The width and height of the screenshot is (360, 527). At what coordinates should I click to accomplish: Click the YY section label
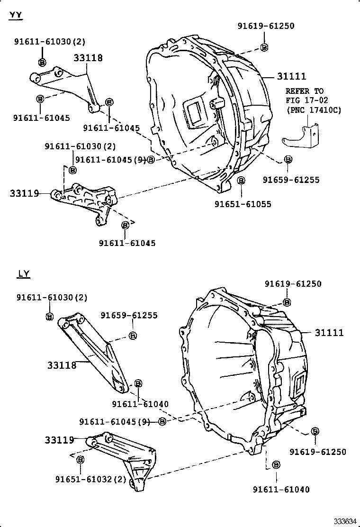coord(16,16)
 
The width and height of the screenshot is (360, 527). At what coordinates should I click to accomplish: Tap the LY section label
coord(24,273)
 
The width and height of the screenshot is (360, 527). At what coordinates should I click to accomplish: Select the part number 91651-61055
coord(243,204)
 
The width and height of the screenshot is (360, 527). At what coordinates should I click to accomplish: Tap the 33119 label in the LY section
coord(60,440)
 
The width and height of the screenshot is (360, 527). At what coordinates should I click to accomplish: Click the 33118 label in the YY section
coord(88,58)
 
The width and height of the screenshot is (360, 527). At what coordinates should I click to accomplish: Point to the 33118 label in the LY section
coord(62,365)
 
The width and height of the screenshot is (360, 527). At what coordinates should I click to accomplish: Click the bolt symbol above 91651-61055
coord(241,181)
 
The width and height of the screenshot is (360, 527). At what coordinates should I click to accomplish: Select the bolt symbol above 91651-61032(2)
coord(80,460)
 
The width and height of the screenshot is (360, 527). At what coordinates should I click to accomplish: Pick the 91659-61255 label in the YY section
coord(291,180)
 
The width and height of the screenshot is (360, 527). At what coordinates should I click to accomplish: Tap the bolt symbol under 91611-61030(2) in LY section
coord(49,317)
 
